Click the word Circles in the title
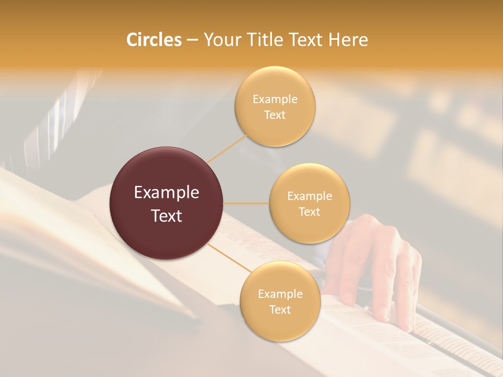(154, 40)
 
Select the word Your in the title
(221, 40)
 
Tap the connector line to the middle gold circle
(246, 203)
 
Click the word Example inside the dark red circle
(167, 193)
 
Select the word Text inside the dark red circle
(167, 215)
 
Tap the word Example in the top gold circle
(275, 99)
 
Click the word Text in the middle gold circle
(310, 212)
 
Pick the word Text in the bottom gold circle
(280, 309)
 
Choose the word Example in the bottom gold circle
(280, 294)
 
